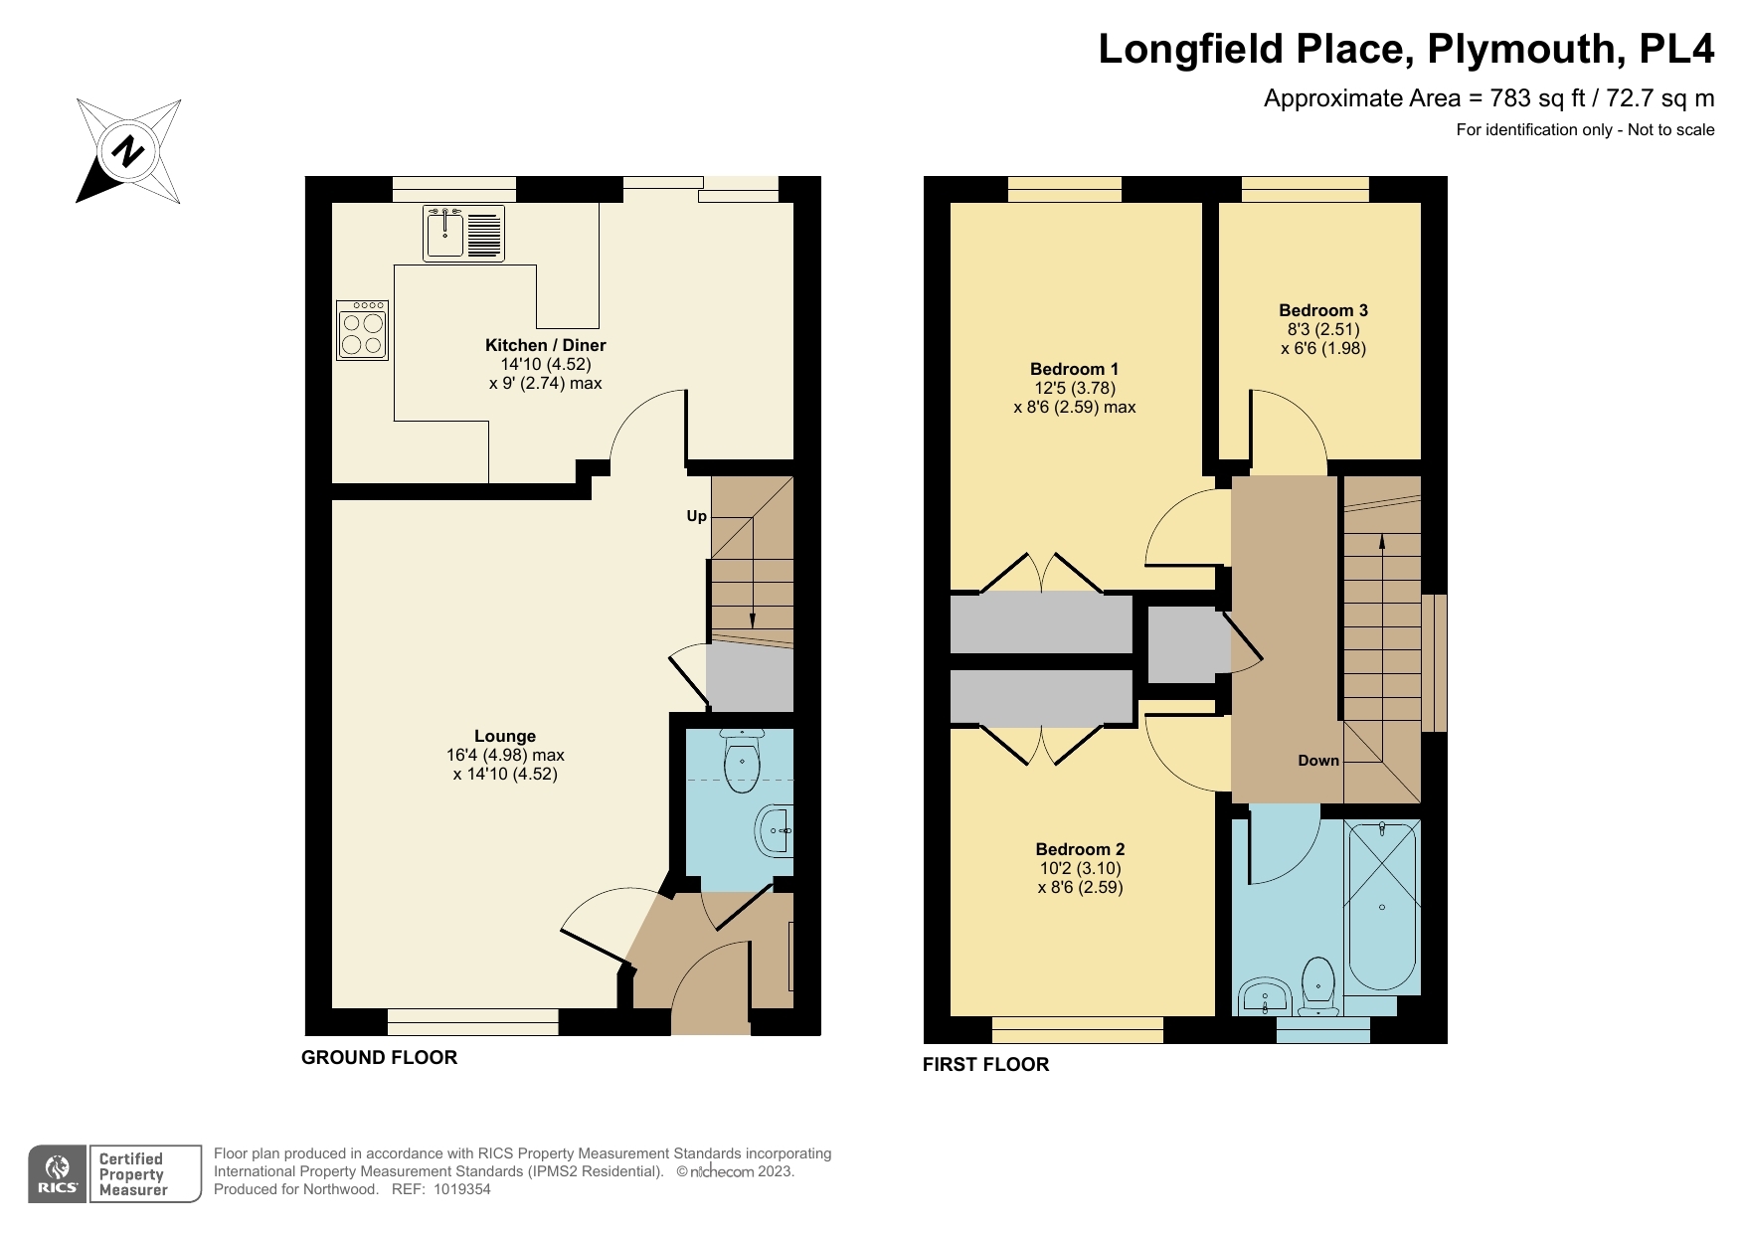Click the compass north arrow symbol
(128, 151)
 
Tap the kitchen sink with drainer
(463, 233)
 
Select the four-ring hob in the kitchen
(362, 330)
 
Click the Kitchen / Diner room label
(545, 346)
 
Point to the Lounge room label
(505, 737)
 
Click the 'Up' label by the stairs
(696, 516)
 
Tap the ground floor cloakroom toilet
(743, 763)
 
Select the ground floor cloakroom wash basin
(776, 829)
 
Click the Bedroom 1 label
(1074, 369)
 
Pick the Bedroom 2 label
(1080, 849)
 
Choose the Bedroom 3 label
(1323, 310)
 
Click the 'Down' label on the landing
(1318, 761)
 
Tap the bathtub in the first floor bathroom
(1381, 905)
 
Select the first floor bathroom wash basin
(1264, 994)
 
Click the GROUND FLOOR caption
(379, 1058)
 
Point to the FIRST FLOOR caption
(985, 1065)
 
